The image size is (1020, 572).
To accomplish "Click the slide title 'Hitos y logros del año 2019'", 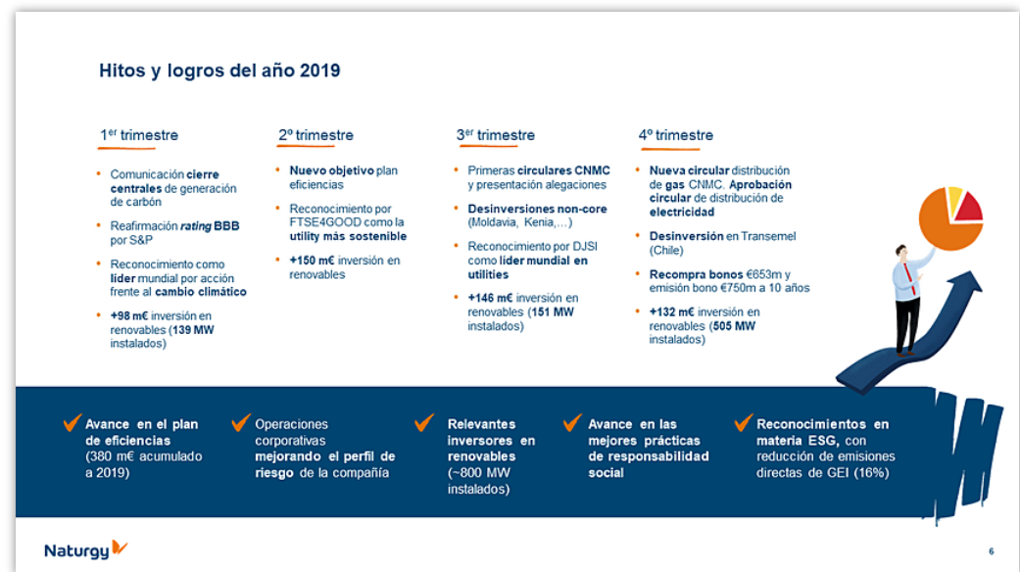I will tap(219, 71).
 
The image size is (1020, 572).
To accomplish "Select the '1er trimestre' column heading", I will tap(138, 135).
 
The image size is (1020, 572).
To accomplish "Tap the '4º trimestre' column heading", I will tap(675, 135).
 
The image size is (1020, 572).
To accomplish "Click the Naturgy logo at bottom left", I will tap(85, 549).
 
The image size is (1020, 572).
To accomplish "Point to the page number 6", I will tap(991, 550).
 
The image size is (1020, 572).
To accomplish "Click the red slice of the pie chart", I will tap(967, 206).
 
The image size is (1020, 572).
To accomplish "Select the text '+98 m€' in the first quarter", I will tap(129, 315).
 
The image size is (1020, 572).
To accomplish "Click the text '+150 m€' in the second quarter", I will tap(311, 261).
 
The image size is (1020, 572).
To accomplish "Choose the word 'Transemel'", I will tap(768, 236).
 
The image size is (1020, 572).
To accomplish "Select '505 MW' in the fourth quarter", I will tap(733, 326).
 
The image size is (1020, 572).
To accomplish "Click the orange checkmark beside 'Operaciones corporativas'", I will tap(240, 423).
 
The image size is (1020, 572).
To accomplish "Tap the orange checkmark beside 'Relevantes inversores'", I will tap(423, 422).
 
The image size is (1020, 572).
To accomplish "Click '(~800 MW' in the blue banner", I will tap(478, 472).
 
